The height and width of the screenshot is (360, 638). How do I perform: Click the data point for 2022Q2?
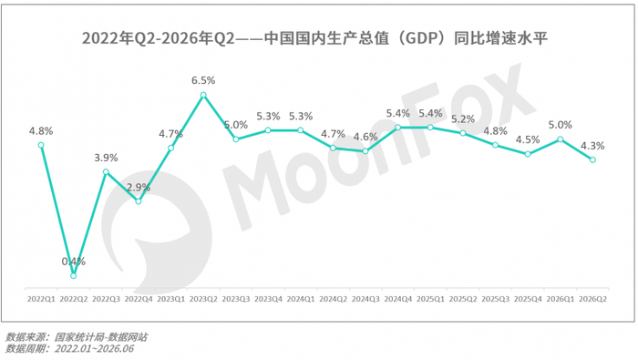(73, 276)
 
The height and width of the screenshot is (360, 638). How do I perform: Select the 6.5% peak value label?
(203, 80)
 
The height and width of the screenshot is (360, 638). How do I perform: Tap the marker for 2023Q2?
(203, 95)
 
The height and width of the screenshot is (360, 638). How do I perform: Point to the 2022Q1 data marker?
(41, 145)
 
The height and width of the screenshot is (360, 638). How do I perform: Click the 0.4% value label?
(74, 262)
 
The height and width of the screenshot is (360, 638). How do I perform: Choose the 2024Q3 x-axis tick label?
(365, 299)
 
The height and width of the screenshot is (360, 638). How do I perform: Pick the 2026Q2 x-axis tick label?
(592, 299)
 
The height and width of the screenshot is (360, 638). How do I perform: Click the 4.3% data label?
(592, 146)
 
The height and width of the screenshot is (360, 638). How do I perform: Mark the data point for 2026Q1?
(561, 139)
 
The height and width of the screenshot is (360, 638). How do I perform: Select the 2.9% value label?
(139, 188)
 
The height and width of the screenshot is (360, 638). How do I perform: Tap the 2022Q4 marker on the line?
(139, 201)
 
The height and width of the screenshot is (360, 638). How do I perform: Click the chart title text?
(315, 38)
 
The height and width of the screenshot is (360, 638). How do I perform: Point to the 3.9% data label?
(107, 158)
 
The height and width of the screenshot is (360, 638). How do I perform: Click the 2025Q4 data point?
(528, 154)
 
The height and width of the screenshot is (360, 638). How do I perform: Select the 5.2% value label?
(463, 119)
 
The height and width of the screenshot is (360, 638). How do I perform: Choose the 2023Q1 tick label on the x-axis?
(171, 299)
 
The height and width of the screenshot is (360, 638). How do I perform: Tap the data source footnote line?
(76, 337)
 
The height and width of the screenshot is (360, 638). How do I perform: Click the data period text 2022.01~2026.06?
(95, 349)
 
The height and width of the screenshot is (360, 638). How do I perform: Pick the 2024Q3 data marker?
(365, 151)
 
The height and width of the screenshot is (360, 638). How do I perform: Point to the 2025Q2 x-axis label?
(463, 299)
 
